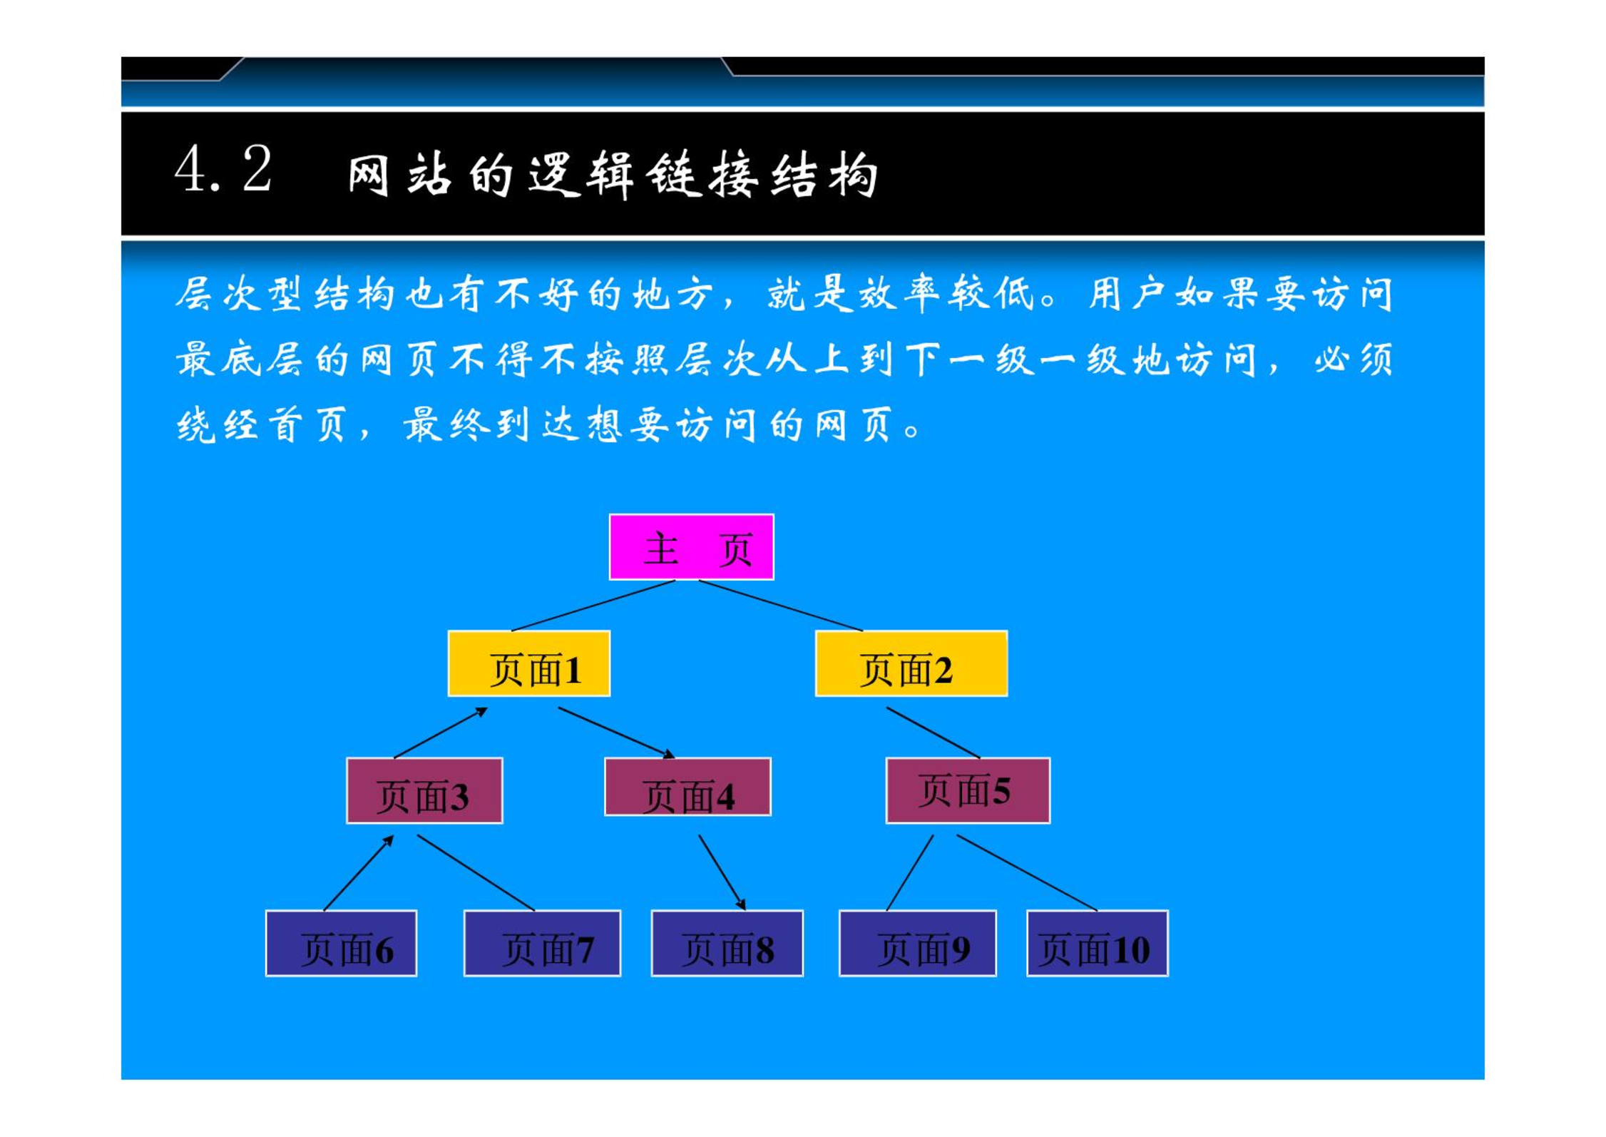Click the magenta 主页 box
pos(691,547)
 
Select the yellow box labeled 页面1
pos(528,663)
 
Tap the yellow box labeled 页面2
pos(911,663)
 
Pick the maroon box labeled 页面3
pos(424,790)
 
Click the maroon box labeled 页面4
pos(687,787)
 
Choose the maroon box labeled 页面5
pos(968,790)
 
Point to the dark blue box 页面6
pos(341,943)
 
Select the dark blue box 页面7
pos(542,943)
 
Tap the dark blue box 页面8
pos(727,943)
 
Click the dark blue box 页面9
pos(918,943)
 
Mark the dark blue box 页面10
pos(1098,943)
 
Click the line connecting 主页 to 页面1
pos(593,606)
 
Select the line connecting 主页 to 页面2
pos(780,606)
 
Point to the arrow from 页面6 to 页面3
pos(358,873)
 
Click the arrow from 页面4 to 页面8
pos(722,873)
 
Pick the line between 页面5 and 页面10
pos(1027,873)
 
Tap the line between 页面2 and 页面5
pos(933,733)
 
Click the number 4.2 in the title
pos(223,169)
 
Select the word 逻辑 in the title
pos(580,174)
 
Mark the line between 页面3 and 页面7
pos(476,873)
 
